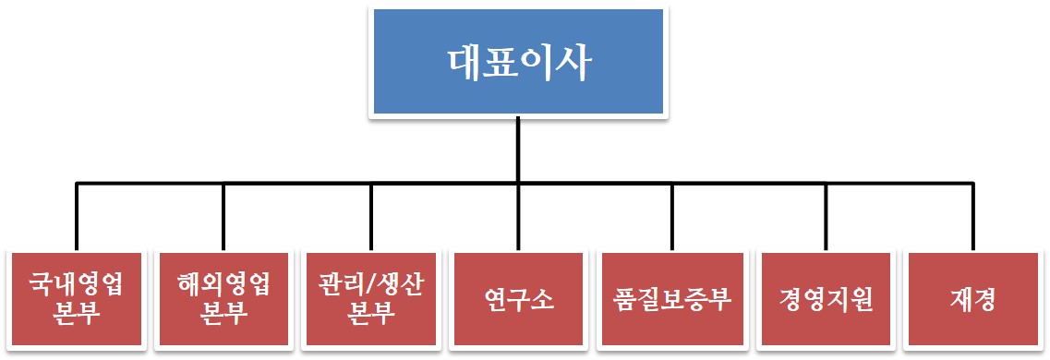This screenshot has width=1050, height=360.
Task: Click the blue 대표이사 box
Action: (518, 63)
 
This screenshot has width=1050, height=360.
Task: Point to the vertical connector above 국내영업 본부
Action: (76, 217)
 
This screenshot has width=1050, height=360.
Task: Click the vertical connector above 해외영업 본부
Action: (223, 217)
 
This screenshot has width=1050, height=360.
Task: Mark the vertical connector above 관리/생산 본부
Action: (371, 217)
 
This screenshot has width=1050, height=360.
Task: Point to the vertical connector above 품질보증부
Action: (671, 217)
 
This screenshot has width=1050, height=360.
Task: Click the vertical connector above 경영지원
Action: (826, 217)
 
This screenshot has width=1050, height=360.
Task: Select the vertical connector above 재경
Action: (972, 217)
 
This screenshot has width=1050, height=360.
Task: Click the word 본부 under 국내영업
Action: (76, 314)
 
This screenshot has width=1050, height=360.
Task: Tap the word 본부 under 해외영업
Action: (223, 314)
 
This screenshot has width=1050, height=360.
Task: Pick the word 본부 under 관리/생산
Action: (371, 314)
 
